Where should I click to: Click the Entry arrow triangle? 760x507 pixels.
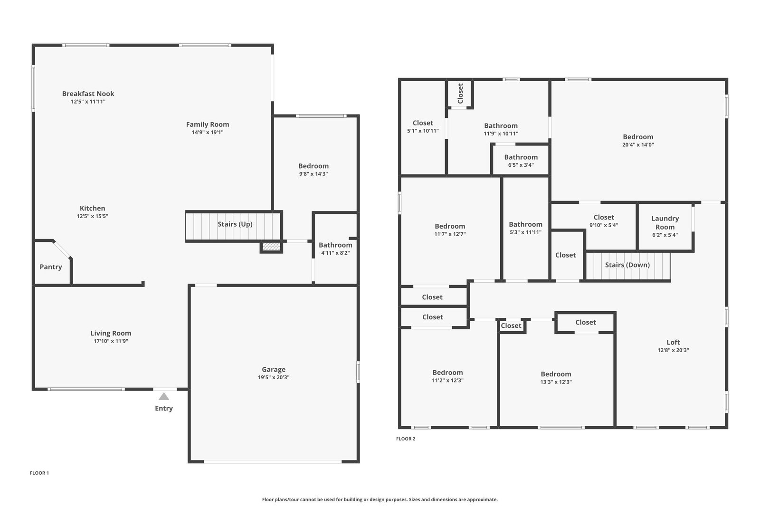(x=164, y=396)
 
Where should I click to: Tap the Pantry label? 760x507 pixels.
(x=51, y=267)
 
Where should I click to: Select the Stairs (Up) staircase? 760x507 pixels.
(x=233, y=226)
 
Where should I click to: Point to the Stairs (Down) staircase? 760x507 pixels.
(x=628, y=266)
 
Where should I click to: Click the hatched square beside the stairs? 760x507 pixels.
(x=271, y=247)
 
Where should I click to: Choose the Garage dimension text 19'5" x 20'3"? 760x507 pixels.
(x=274, y=377)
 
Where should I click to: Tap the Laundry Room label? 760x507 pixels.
(x=665, y=223)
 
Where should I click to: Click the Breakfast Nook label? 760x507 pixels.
(x=88, y=94)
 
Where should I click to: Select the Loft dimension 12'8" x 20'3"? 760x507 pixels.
(x=673, y=350)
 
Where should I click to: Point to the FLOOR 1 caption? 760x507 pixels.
(x=39, y=473)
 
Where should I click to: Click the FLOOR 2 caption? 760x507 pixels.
(x=406, y=439)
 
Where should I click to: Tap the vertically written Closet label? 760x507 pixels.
(x=460, y=93)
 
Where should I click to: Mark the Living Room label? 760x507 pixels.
(x=111, y=333)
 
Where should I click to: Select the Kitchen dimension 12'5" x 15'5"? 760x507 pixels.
(x=92, y=216)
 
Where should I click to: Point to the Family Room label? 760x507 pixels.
(x=207, y=124)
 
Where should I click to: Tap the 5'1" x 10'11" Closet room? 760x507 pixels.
(x=423, y=128)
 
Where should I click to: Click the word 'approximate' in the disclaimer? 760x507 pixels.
(x=483, y=499)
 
